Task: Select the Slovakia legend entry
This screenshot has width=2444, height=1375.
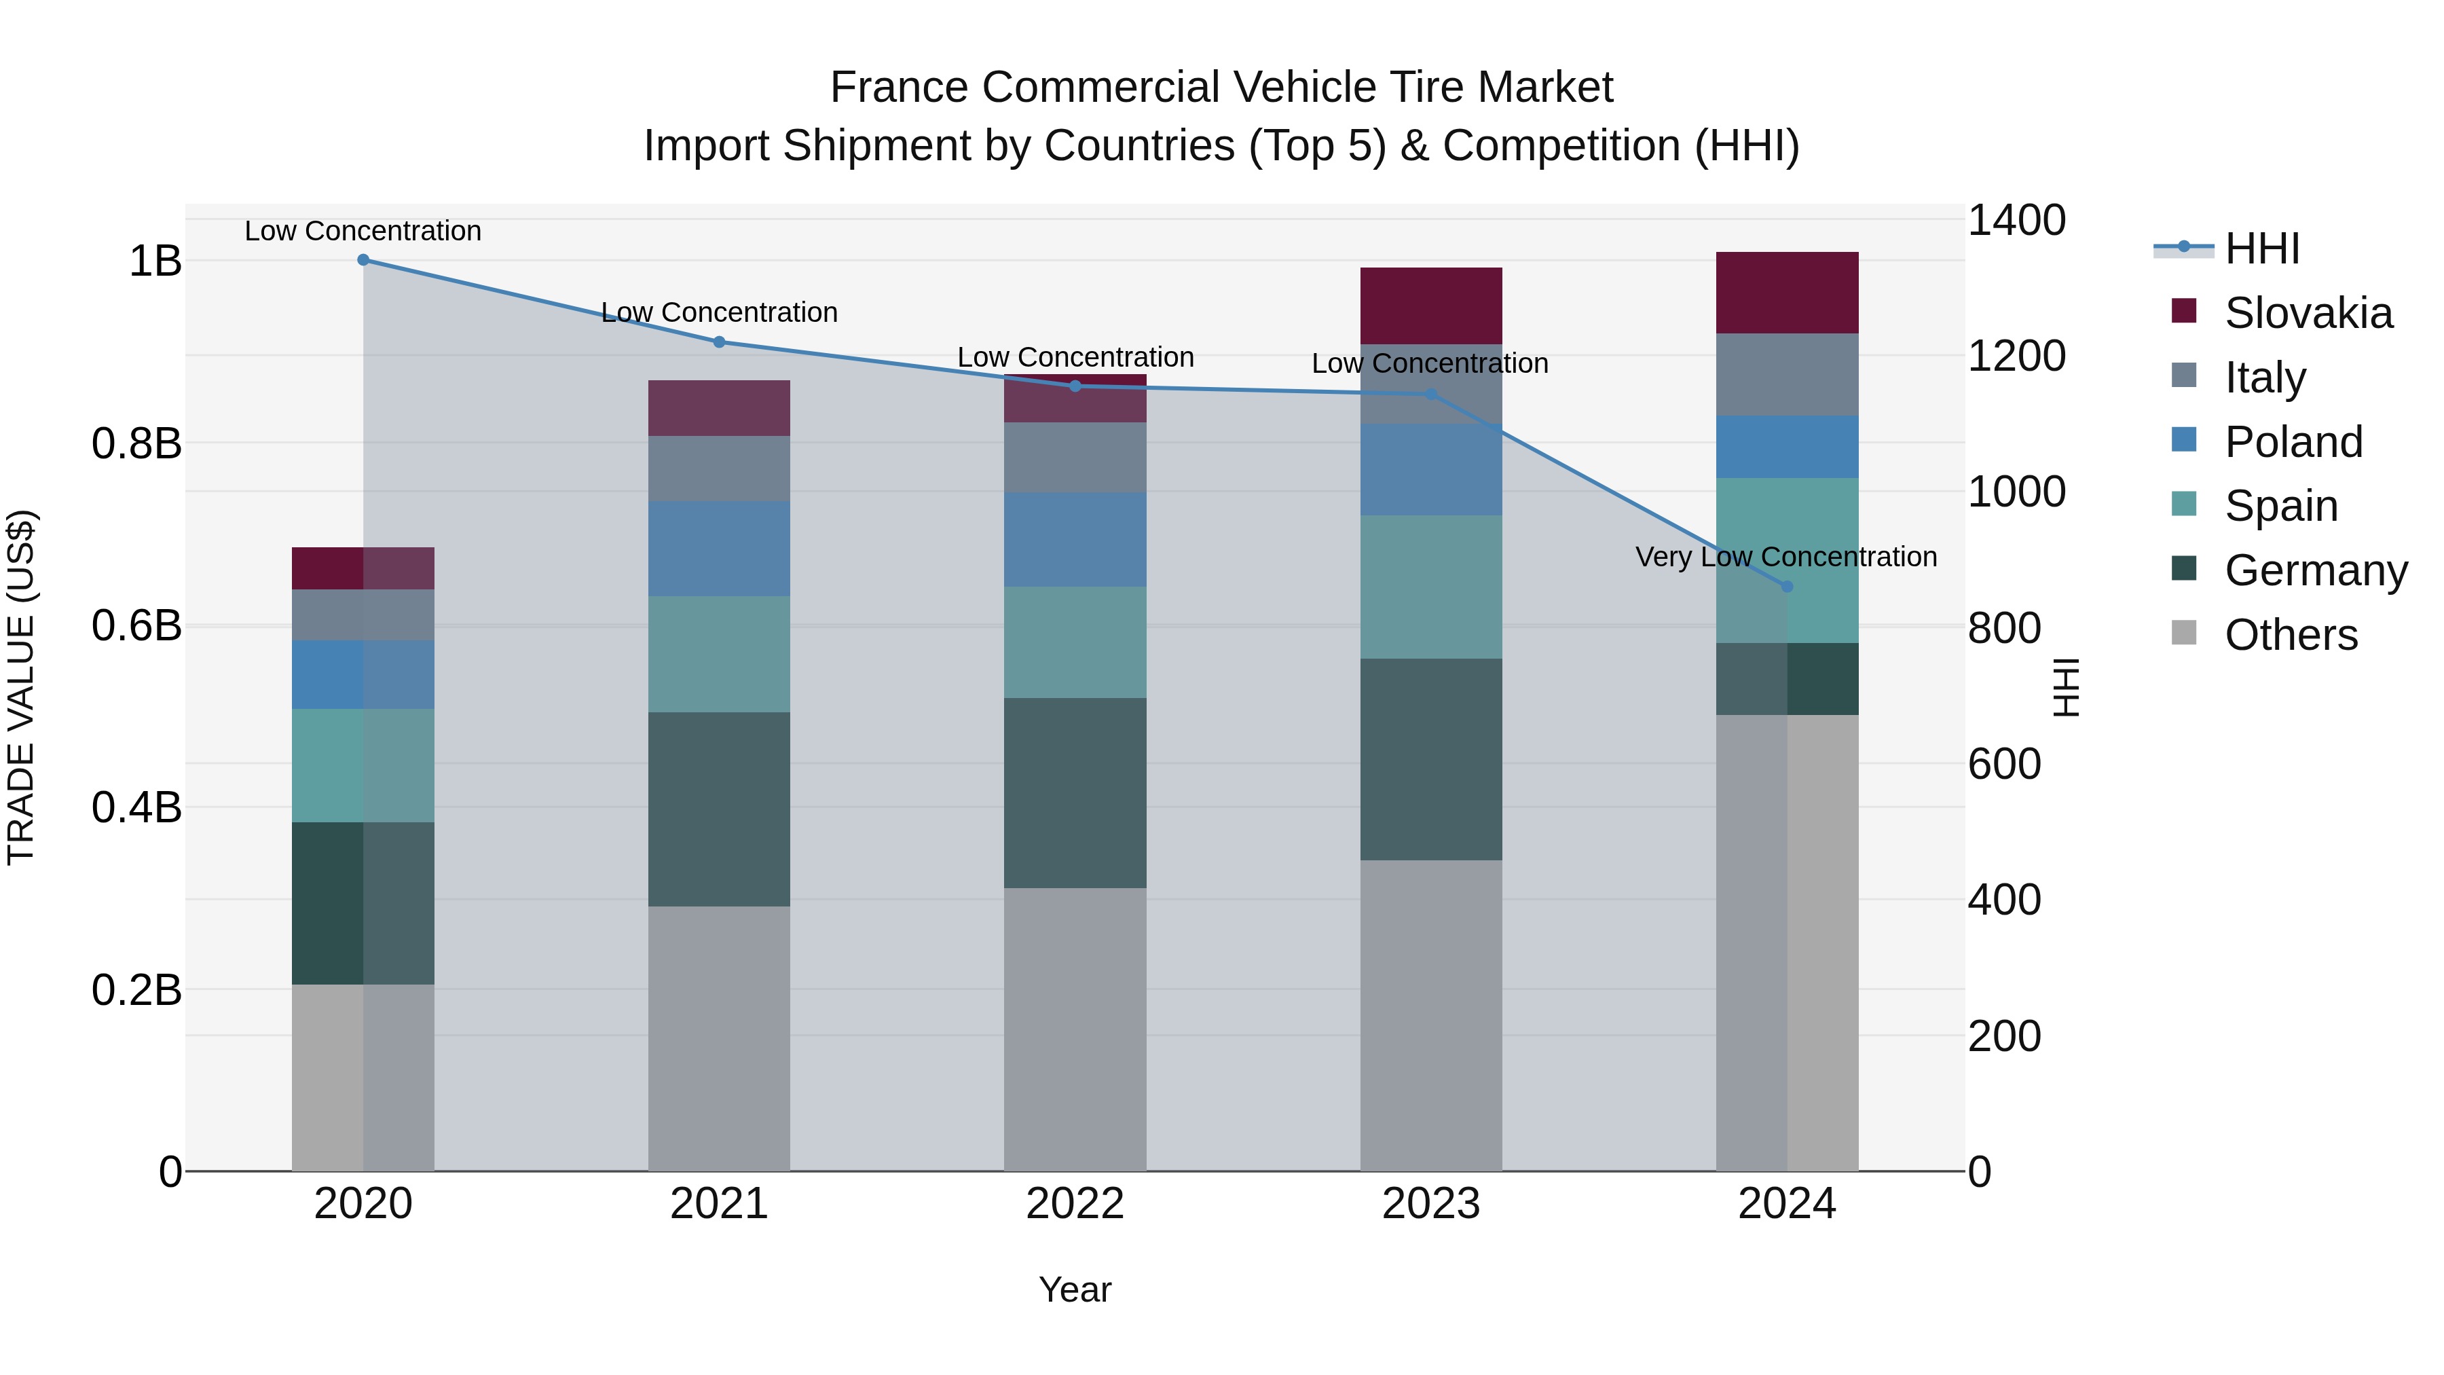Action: click(x=2308, y=313)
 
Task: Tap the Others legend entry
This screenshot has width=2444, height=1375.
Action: click(x=2291, y=635)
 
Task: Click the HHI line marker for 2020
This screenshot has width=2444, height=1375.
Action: click(x=363, y=260)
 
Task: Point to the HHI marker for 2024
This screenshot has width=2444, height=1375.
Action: click(x=1788, y=587)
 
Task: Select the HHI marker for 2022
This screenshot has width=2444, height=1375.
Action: click(x=1075, y=386)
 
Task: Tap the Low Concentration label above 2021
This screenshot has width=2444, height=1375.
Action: click(x=719, y=312)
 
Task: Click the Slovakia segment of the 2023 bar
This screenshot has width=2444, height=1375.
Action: click(x=1430, y=306)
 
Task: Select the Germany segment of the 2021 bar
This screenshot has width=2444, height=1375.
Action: click(x=719, y=809)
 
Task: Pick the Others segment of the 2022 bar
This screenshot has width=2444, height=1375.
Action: click(x=1075, y=1029)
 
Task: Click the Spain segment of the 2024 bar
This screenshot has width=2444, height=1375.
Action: click(x=1788, y=560)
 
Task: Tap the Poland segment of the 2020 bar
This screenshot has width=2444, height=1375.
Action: click(x=363, y=675)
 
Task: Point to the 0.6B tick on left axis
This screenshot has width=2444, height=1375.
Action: click(x=136, y=626)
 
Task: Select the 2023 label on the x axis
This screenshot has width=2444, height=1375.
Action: click(x=1430, y=1204)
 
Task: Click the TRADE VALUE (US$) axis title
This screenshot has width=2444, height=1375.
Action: click(x=21, y=687)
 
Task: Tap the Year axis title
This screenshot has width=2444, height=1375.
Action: click(x=1075, y=1289)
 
